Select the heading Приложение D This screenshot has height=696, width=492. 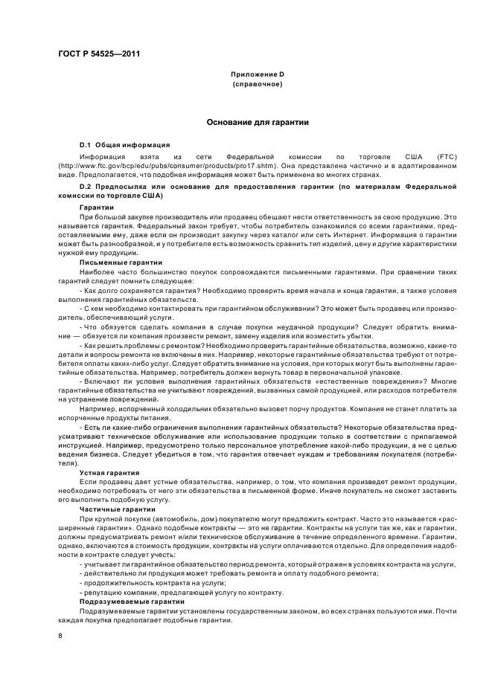(257, 75)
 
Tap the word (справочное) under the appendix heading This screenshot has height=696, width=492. (257, 85)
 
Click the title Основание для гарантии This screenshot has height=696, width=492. (257, 121)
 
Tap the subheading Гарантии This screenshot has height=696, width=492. (97, 206)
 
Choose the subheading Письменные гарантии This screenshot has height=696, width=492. (115, 262)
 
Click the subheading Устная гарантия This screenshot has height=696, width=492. (109, 472)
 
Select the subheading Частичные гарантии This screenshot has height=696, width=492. (113, 509)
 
